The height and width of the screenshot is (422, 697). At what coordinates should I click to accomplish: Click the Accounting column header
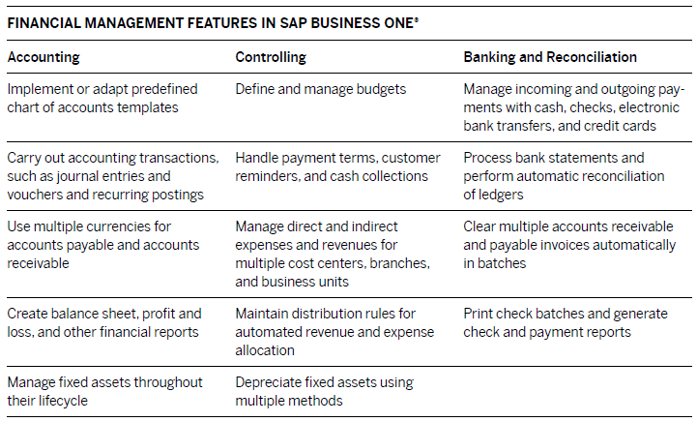tap(44, 57)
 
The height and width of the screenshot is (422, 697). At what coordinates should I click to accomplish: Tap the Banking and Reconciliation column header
tap(550, 57)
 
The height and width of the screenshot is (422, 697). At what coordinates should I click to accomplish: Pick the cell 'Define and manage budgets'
tap(321, 89)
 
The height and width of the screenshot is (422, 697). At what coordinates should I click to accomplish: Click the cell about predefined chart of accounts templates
tap(102, 98)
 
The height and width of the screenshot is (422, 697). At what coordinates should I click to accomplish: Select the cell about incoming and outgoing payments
tap(574, 106)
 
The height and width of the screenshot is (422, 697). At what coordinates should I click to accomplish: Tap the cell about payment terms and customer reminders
tap(337, 166)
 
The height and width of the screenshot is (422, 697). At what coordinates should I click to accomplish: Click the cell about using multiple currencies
tap(104, 245)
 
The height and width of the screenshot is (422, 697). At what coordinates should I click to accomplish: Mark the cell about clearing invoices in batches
tap(570, 245)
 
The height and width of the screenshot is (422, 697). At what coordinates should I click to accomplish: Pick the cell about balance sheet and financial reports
tap(104, 322)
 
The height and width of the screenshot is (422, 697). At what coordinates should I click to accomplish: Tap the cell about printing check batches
tap(566, 322)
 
